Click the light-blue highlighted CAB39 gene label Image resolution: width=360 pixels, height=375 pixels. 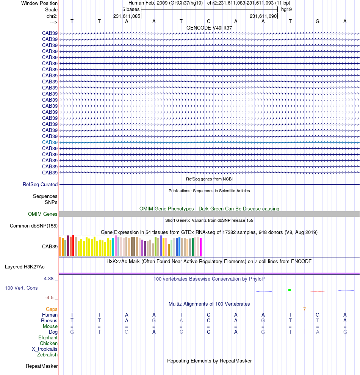(50, 142)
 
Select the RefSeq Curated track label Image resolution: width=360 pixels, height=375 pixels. (40, 185)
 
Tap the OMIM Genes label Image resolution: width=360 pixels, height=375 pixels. (43, 214)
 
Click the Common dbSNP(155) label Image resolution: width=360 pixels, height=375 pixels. (33, 226)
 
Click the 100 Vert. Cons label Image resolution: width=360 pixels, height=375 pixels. (21, 288)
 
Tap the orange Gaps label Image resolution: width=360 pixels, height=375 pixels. (52, 309)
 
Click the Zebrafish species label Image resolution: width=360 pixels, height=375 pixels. (47, 355)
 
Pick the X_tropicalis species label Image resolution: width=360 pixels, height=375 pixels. (45, 349)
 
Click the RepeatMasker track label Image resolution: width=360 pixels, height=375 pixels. (42, 366)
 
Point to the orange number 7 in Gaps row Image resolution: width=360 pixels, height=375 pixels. (304, 309)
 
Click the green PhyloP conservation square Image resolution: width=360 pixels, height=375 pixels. (290, 290)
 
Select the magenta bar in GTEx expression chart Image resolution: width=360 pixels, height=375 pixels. (200, 247)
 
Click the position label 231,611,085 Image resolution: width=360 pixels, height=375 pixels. (127, 16)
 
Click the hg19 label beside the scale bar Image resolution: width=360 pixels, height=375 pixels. (286, 9)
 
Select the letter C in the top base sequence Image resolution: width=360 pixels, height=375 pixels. (208, 21)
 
